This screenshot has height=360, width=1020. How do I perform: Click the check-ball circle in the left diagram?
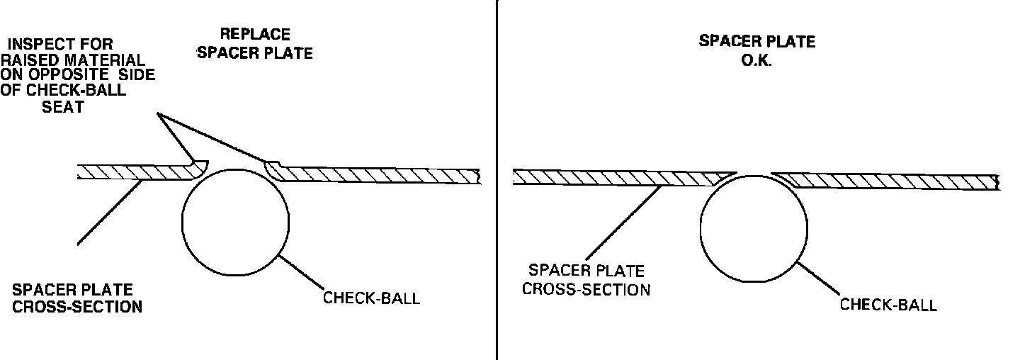point(235,222)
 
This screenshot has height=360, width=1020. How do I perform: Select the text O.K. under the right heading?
point(756,61)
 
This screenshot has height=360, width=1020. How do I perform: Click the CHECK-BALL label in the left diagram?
point(371,298)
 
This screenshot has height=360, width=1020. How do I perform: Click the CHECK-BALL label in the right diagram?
point(888,305)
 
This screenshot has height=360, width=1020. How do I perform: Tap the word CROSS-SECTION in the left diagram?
point(77,307)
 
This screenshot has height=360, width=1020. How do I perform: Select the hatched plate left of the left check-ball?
point(135,172)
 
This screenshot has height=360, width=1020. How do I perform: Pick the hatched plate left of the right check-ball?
point(616,177)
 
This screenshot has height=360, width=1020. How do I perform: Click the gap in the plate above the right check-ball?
point(754,173)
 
